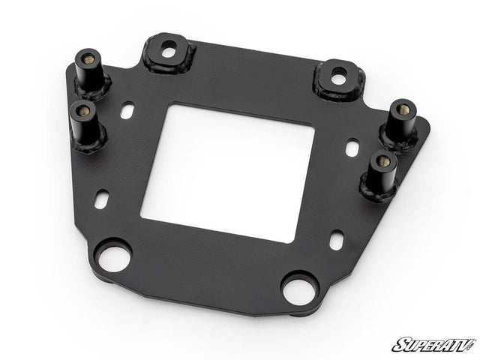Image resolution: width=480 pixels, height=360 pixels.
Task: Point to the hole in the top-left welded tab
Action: pos(169,52)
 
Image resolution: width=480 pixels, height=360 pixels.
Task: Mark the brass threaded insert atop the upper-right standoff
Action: pos(403,109)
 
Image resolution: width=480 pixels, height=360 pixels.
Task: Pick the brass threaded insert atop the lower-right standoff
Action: pos(382,160)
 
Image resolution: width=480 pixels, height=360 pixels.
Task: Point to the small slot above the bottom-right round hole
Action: pos(337,242)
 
